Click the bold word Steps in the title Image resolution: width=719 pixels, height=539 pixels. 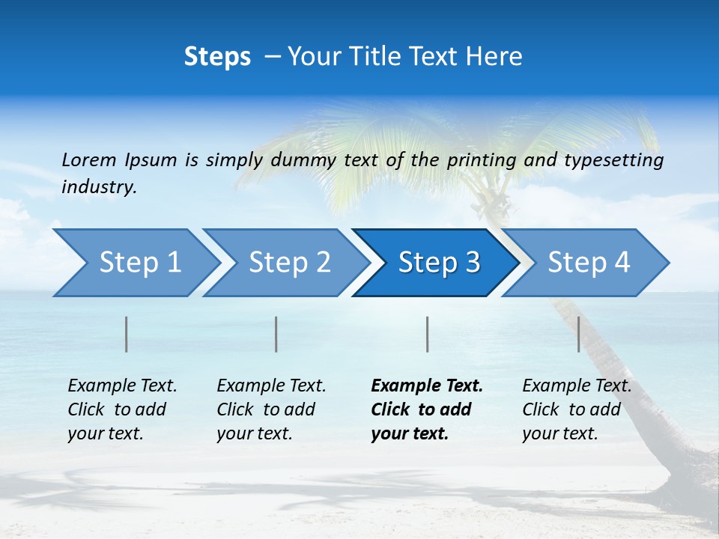pos(217,57)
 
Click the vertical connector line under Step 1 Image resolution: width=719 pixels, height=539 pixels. pos(127,334)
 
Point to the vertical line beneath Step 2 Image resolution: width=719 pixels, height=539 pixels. pos(276,334)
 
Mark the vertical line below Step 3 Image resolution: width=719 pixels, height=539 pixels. pos(427,334)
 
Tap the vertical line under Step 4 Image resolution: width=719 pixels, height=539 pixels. pos(578,334)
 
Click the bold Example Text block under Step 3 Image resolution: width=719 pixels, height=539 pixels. pos(427,409)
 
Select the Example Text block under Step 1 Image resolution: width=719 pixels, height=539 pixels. pos(122,409)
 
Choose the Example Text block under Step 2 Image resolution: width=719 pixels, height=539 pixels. pos(271,409)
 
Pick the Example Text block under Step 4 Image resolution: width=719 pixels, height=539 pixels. pos(577,409)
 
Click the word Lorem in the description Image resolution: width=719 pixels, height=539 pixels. pos(89,159)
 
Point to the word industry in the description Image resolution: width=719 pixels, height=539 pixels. pos(99,186)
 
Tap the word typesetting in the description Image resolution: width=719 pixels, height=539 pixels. pos(614,159)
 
